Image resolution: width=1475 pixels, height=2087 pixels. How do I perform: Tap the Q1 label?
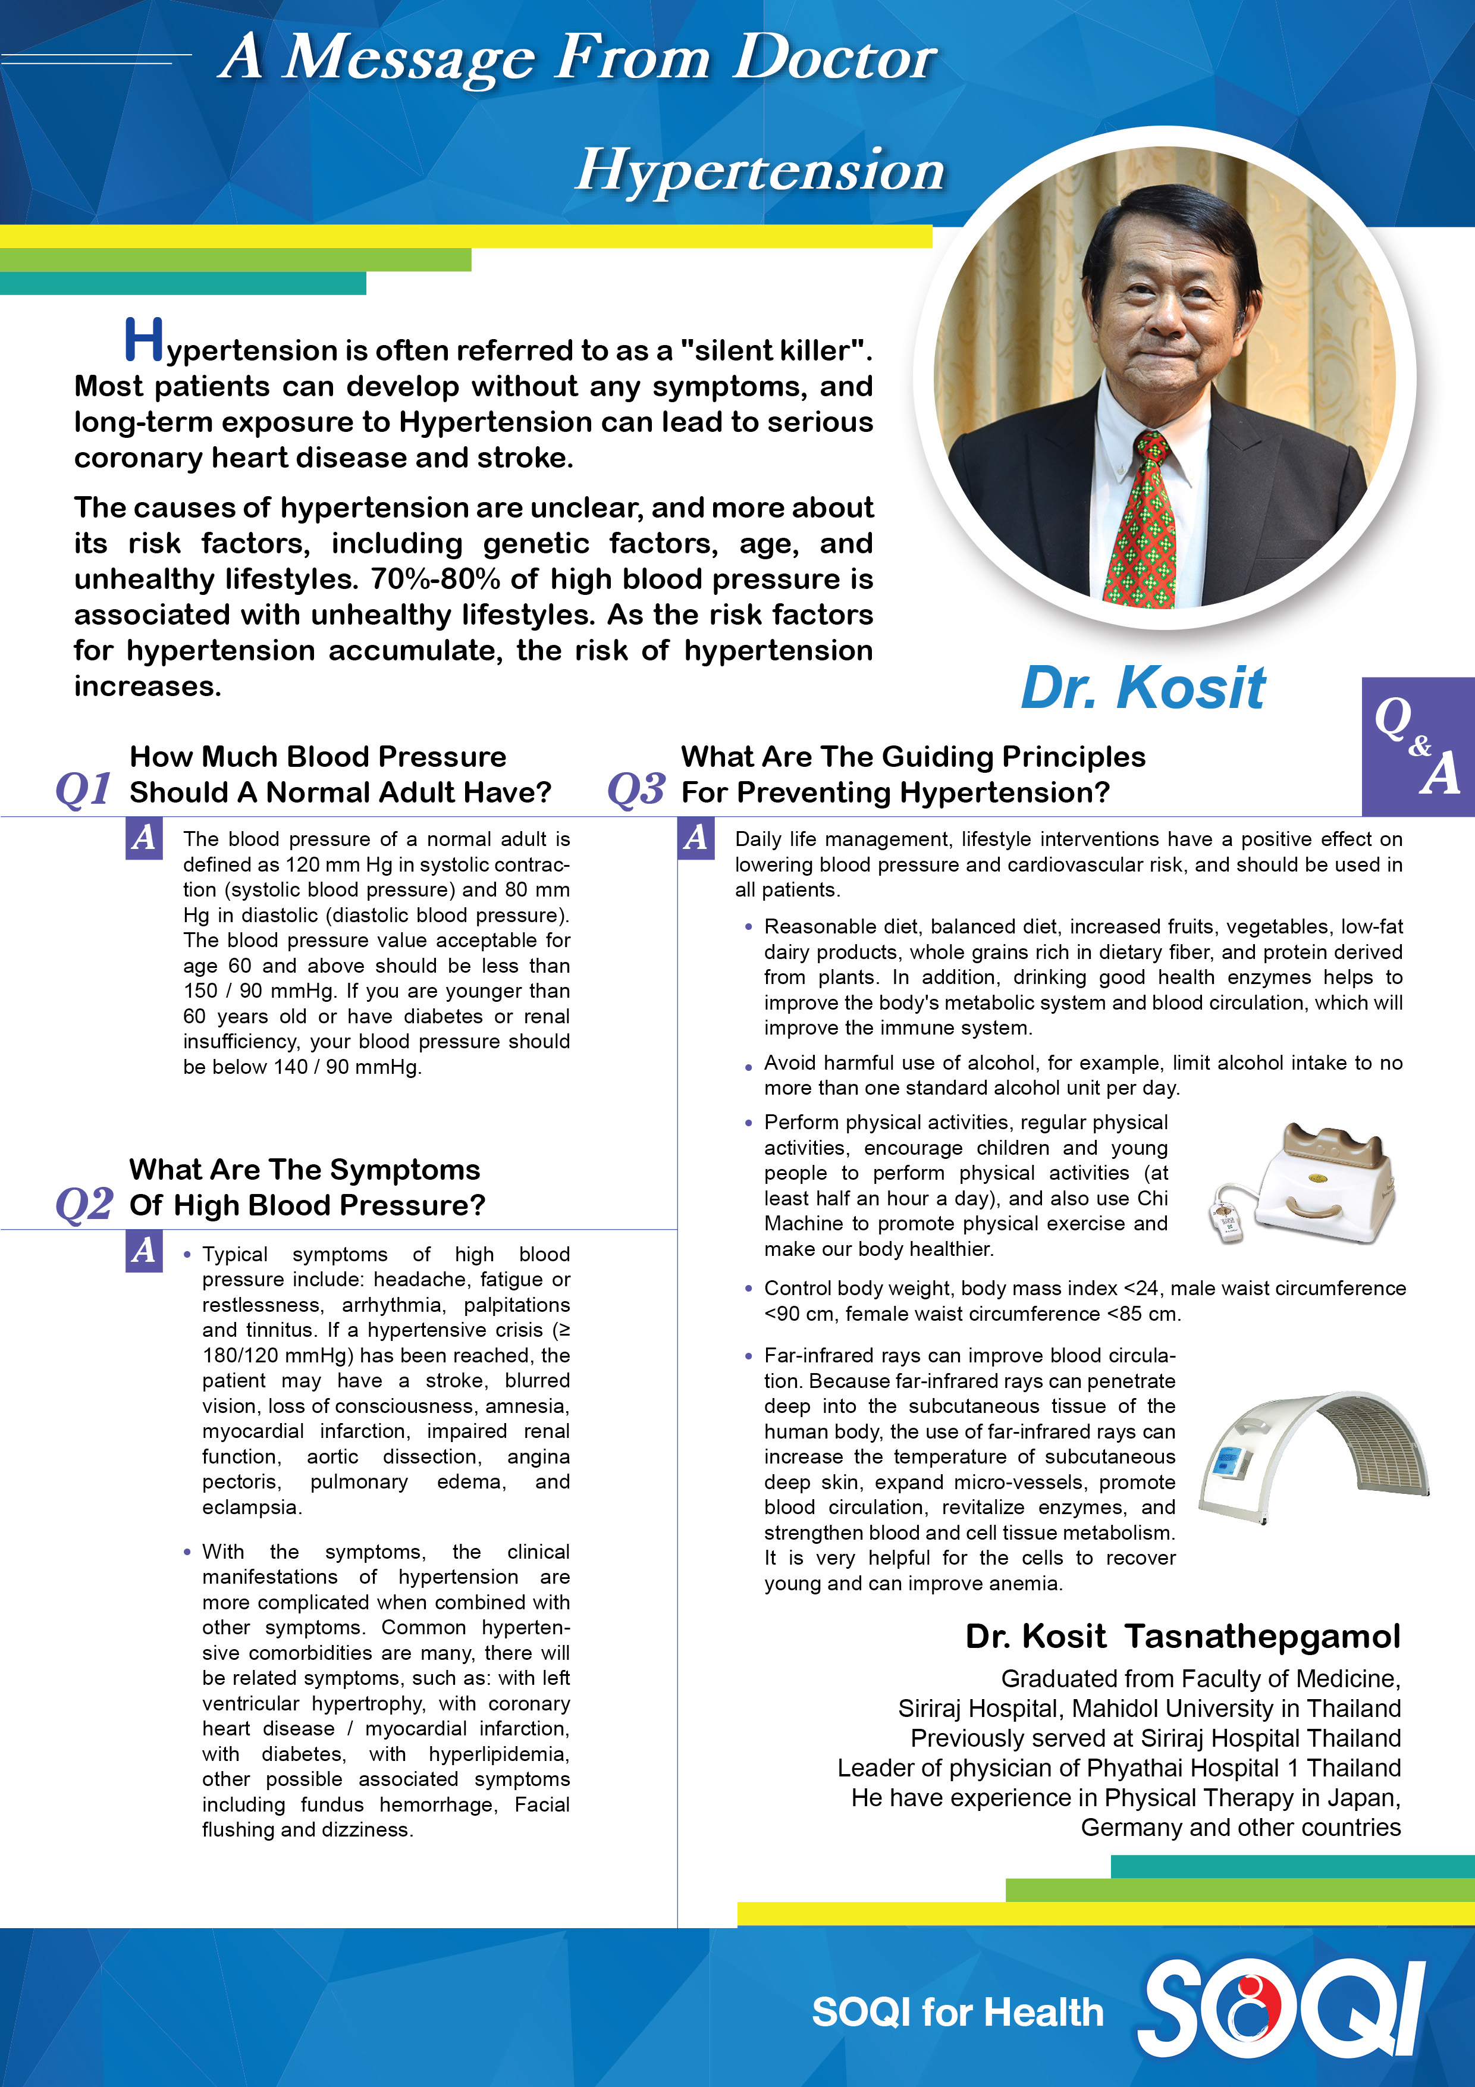84,789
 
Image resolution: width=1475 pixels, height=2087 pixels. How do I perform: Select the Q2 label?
84,1204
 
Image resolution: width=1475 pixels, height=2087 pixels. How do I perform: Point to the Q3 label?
636,789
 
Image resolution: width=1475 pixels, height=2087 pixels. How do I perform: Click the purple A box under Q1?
143,837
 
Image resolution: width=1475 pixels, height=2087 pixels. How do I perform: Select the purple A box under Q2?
143,1251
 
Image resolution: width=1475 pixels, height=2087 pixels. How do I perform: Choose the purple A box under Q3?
695,837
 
